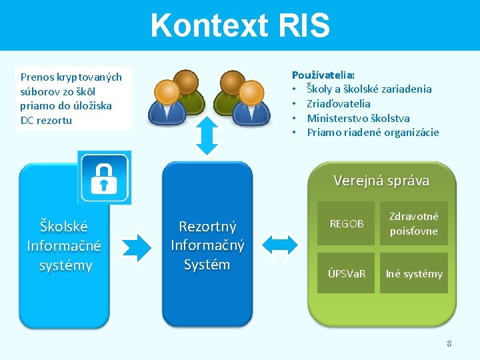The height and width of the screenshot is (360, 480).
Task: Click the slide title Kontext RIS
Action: point(240,25)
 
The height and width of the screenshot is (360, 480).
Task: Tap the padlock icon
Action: point(105,177)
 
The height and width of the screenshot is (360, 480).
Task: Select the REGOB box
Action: point(347,224)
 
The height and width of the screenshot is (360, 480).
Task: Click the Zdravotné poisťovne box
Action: point(414,224)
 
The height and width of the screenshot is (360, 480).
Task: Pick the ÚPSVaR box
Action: point(347,273)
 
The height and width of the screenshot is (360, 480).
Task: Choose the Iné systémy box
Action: point(414,273)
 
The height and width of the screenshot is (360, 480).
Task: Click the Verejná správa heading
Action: point(381,181)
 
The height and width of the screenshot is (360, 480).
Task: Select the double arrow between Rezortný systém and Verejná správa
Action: point(279,243)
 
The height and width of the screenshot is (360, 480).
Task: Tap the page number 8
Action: point(449,344)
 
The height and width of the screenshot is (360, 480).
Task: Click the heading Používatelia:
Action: point(323,75)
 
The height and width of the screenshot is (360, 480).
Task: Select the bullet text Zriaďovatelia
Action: point(338,103)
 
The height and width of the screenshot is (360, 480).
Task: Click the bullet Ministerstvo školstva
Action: point(358,118)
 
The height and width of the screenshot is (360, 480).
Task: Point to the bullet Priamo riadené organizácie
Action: point(373,132)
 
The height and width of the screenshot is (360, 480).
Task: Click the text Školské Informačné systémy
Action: point(64,246)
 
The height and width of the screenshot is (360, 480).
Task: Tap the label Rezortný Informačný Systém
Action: point(207,245)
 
